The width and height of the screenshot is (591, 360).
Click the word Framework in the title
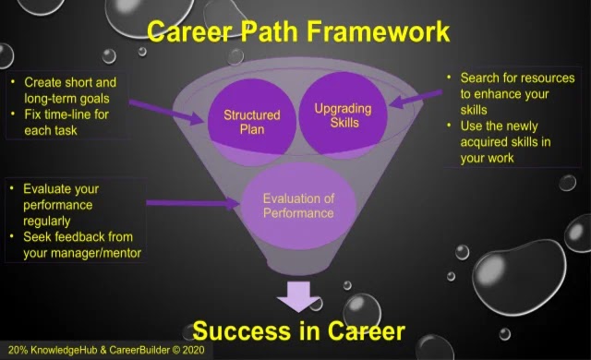[x=379, y=30]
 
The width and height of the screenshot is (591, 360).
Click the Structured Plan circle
[x=252, y=123]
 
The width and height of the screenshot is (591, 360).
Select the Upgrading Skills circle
[x=343, y=114]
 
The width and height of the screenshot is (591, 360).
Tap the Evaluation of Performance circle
[x=298, y=206]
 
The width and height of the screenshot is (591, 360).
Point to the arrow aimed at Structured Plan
[x=166, y=113]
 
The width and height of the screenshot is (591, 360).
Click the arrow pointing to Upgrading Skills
[x=416, y=98]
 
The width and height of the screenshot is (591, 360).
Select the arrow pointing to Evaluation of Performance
[x=193, y=203]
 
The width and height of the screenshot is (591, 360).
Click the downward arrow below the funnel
[x=299, y=296]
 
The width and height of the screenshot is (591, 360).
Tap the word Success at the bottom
[x=242, y=331]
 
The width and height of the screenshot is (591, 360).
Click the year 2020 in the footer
[x=193, y=350]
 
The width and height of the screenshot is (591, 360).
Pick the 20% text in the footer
[x=18, y=350]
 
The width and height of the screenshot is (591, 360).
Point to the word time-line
[x=66, y=114]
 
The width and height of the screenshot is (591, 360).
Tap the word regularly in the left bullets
[x=47, y=221]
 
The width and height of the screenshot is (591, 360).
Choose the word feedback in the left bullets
[x=78, y=237]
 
